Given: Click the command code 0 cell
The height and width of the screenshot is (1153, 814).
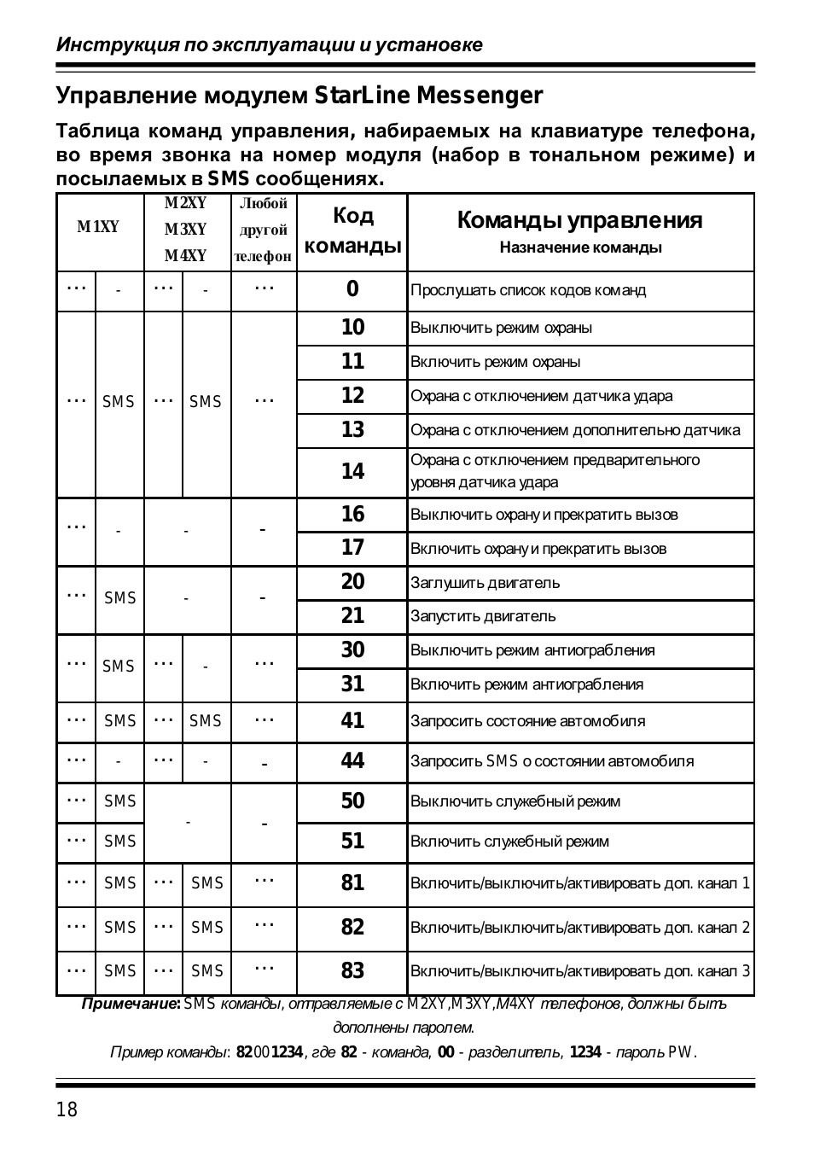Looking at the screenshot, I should click(352, 289).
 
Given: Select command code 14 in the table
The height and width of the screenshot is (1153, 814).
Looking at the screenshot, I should click(352, 471).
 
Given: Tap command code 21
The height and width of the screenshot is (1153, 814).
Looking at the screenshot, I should click(352, 616).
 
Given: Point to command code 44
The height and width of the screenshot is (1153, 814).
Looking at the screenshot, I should click(352, 761).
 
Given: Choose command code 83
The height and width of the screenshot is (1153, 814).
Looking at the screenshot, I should click(352, 971).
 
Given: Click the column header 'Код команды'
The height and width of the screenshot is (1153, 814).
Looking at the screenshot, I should click(352, 230).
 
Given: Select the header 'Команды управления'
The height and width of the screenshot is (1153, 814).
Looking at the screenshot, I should click(580, 221).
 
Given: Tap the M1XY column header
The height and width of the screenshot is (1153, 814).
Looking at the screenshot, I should click(99, 227).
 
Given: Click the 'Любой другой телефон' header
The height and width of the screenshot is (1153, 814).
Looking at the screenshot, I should click(264, 230).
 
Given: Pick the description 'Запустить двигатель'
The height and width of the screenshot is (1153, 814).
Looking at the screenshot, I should click(483, 616).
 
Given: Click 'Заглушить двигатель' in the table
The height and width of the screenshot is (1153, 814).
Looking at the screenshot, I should click(485, 583).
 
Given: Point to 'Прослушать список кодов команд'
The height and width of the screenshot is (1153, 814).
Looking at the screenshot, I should click(528, 290).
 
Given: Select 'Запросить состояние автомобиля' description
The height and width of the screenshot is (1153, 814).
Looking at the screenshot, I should click(527, 721).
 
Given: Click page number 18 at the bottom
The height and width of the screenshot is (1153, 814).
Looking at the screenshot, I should click(67, 1110).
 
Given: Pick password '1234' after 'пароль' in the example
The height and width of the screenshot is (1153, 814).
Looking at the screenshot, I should click(585, 1051).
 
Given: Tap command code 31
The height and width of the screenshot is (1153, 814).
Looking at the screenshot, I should click(352, 684).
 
